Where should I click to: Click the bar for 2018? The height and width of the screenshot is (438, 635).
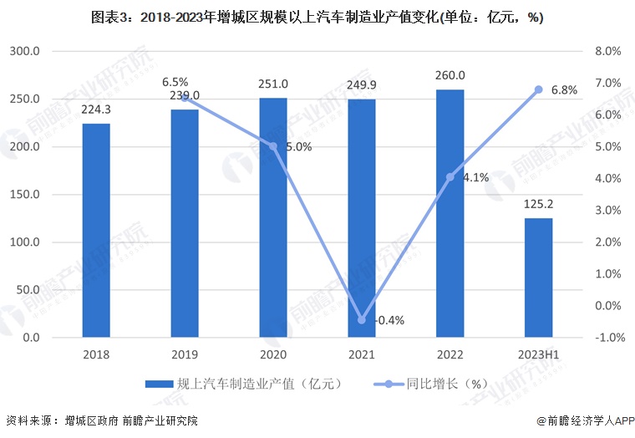(96, 230)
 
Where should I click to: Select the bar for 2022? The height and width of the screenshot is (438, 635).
(450, 213)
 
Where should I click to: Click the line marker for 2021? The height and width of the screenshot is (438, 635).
(362, 319)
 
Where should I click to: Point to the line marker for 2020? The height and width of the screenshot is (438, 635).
(273, 146)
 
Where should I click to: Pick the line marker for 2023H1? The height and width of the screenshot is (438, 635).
(539, 89)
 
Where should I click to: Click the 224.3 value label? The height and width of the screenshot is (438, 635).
(96, 109)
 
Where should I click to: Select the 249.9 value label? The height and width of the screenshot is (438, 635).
(362, 84)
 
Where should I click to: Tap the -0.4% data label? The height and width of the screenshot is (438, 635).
(389, 320)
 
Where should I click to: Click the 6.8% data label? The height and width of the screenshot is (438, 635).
(565, 90)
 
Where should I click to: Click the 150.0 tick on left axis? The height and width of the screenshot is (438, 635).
(25, 195)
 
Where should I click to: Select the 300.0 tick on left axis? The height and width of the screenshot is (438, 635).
(25, 51)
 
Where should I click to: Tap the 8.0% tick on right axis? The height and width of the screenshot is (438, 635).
(607, 51)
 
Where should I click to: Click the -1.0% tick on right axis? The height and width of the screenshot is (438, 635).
(607, 338)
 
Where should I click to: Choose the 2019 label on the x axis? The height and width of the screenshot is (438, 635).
(185, 354)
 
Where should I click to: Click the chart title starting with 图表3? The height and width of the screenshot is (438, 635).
(317, 17)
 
